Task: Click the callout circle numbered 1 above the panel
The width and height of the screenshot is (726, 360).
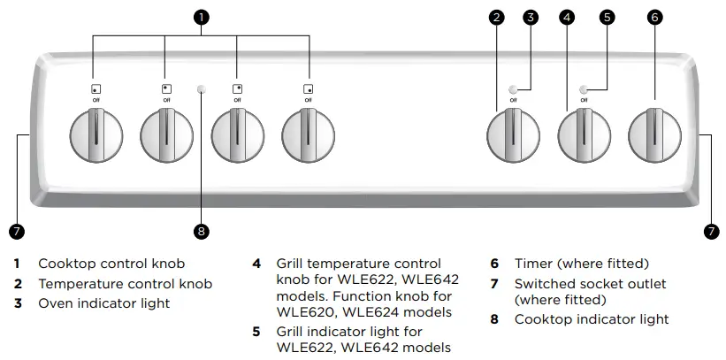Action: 202,17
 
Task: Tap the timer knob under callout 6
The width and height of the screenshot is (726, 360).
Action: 654,136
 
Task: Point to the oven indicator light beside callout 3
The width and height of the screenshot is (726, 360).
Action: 513,89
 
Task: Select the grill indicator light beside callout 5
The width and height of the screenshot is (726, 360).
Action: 584,89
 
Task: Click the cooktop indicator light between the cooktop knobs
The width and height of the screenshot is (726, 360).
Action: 202,89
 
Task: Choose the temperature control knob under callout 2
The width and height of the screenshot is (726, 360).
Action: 513,136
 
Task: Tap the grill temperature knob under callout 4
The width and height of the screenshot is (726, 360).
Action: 584,136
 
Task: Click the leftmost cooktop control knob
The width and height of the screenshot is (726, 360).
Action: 96,136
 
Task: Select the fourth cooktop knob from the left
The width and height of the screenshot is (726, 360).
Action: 308,136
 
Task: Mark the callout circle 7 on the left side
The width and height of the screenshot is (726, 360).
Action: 15,232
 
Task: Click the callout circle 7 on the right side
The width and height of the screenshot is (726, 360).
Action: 711,232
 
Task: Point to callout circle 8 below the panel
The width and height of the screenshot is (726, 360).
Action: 202,232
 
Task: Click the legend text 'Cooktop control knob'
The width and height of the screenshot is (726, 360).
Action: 111,264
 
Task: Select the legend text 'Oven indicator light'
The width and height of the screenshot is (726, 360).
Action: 103,303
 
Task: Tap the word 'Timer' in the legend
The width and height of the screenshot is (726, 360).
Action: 533,264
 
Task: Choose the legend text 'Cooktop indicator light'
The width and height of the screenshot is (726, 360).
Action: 592,319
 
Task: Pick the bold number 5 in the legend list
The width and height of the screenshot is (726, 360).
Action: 256,333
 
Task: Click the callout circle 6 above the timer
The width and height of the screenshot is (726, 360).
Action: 654,17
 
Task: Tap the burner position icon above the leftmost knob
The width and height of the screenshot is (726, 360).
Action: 96,89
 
